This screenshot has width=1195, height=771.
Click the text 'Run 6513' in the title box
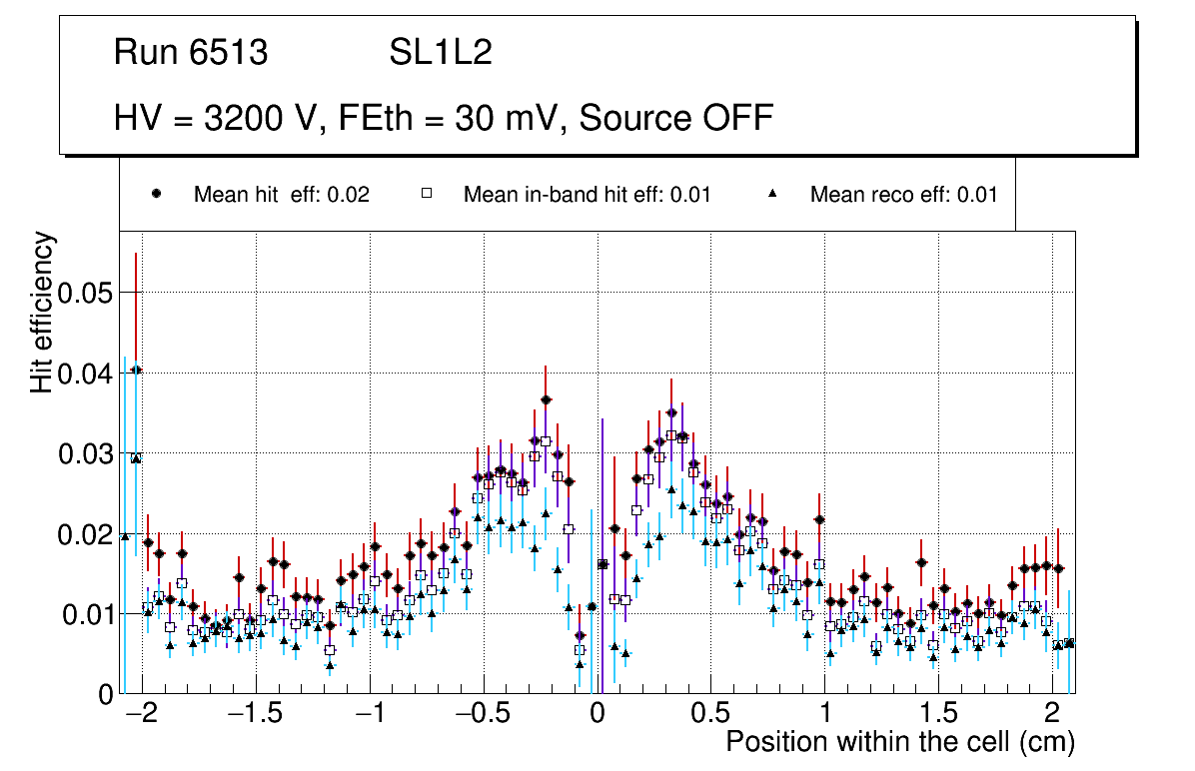point(191,53)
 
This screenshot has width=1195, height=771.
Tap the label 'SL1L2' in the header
point(441,53)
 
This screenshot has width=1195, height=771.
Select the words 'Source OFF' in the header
point(676,118)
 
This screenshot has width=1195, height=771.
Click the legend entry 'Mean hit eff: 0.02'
point(281,195)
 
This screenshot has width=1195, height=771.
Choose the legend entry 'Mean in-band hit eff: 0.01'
point(587,195)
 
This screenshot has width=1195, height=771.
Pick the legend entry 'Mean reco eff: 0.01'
point(903,195)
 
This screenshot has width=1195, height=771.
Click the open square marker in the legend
point(427,194)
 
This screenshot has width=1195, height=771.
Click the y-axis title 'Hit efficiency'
point(42,313)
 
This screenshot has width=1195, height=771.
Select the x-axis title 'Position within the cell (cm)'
point(899,742)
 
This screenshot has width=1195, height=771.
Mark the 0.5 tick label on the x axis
point(710,715)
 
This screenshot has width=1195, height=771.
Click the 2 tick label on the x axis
point(1051,715)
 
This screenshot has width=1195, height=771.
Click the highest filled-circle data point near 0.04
point(137,371)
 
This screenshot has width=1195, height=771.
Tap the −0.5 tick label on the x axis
point(484,715)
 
